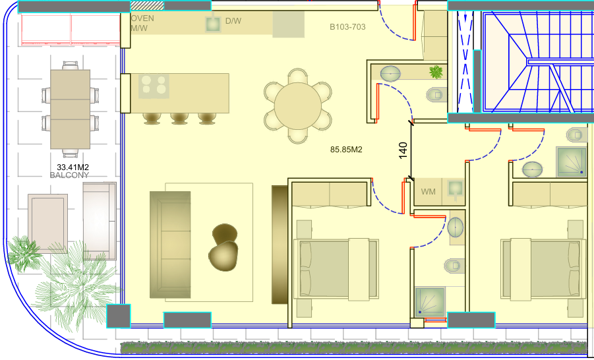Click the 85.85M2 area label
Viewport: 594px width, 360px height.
[346, 150]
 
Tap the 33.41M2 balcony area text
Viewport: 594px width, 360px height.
[73, 167]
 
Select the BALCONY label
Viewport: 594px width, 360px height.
[69, 175]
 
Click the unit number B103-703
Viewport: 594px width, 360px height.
[347, 27]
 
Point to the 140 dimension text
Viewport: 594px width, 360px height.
[403, 150]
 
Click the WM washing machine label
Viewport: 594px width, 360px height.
[428, 192]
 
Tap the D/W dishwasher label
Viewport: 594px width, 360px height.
[233, 21]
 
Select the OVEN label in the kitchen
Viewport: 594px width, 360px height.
[142, 18]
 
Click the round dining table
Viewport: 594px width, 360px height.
[298, 105]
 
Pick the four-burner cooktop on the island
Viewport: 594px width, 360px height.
[154, 86]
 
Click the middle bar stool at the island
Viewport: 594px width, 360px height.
[179, 118]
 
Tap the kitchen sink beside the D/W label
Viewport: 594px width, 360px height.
[213, 24]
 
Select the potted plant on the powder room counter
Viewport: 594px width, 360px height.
[436, 72]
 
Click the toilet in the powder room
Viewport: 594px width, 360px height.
[436, 94]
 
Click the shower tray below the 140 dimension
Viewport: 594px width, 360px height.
[430, 302]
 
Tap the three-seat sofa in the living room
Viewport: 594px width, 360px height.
[170, 245]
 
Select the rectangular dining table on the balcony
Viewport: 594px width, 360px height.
[70, 109]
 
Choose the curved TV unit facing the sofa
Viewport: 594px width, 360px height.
[280, 245]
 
